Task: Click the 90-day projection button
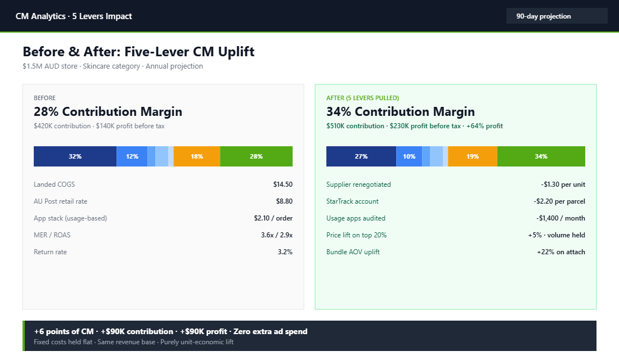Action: [557, 16]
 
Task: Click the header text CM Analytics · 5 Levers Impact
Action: [74, 16]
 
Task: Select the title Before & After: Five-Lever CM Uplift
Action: [138, 52]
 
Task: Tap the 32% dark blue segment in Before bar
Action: [75, 156]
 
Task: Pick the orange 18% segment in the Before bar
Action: [197, 156]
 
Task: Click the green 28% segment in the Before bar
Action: [256, 156]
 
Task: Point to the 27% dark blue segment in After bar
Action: [361, 156]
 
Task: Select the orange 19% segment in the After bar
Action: [473, 156]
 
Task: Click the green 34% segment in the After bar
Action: [541, 156]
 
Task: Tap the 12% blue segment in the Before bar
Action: [132, 156]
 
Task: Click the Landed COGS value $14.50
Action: [282, 184]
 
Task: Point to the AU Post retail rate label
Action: [60, 201]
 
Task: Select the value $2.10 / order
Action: [273, 218]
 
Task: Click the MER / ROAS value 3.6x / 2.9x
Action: [276, 235]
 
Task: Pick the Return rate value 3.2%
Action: [285, 252]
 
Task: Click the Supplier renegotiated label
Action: [358, 184]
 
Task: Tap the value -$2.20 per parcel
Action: [559, 201]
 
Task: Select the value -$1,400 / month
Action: [560, 218]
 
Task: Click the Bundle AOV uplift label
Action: [353, 252]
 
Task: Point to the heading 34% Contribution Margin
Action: [400, 111]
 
